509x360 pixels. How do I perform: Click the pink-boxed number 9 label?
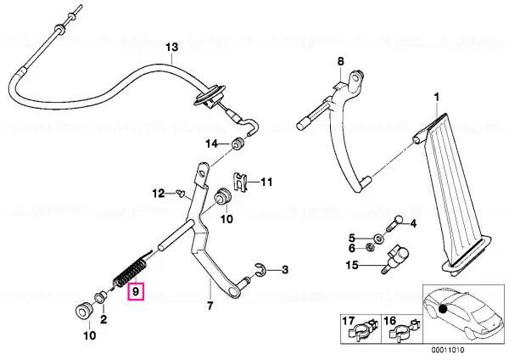(136, 291)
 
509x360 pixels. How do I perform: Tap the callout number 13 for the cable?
(172, 47)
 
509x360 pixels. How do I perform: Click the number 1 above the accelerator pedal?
(437, 97)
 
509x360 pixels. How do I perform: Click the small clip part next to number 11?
(240, 182)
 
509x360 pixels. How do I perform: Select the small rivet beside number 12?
(182, 193)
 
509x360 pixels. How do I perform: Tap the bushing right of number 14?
(238, 144)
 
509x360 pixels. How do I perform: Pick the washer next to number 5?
(378, 239)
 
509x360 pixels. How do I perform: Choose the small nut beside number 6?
(370, 248)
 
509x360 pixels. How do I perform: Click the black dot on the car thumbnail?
(443, 308)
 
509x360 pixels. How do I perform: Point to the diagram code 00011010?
(448, 350)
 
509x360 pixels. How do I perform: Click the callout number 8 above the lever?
(340, 61)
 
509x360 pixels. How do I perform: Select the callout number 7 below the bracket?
(210, 306)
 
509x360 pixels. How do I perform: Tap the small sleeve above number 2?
(99, 296)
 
